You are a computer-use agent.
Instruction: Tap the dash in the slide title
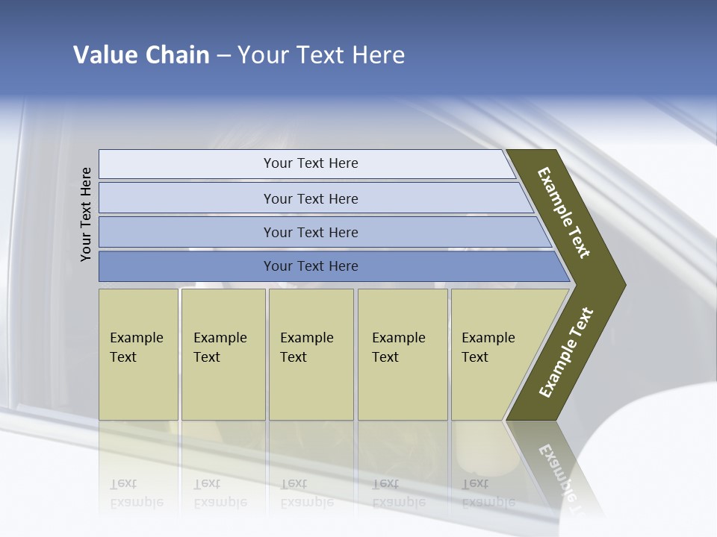pyautogui.click(x=223, y=56)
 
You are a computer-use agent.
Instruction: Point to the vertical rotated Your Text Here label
pyautogui.click(x=86, y=214)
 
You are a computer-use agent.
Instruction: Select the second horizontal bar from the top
pyautogui.click(x=311, y=198)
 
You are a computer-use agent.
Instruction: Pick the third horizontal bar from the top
pyautogui.click(x=311, y=232)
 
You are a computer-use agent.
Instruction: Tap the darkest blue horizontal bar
pyautogui.click(x=311, y=266)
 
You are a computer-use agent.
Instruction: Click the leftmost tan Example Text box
pyautogui.click(x=138, y=354)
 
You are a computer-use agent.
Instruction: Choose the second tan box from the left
pyautogui.click(x=223, y=354)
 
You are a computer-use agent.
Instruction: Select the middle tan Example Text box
pyautogui.click(x=311, y=354)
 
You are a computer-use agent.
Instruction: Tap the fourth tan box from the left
pyautogui.click(x=402, y=354)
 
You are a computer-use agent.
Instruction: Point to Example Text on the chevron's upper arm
pyautogui.click(x=564, y=213)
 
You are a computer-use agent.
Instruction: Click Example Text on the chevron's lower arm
pyautogui.click(x=566, y=353)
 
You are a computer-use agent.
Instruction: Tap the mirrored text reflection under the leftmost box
pyautogui.click(x=136, y=493)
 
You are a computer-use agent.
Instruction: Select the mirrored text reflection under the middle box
pyautogui.click(x=306, y=493)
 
